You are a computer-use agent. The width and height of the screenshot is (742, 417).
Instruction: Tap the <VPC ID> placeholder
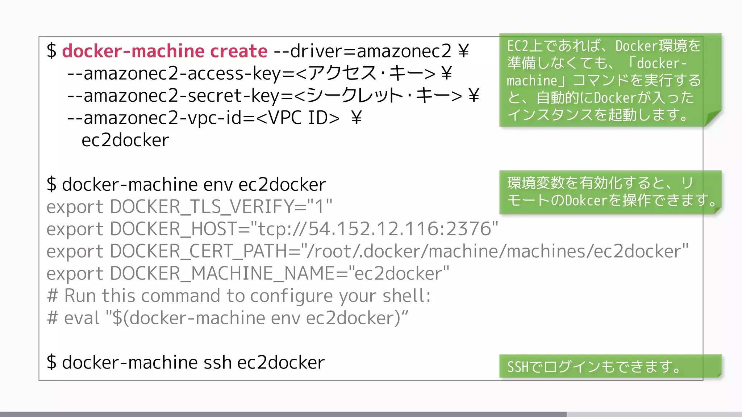pos(298,118)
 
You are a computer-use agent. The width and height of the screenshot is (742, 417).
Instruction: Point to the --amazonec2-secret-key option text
pos(174,96)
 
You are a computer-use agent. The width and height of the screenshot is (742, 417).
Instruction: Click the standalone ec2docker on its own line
pos(125,140)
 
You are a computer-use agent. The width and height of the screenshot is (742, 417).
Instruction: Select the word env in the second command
pos(218,185)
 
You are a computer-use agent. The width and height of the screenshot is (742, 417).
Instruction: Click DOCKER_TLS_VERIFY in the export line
pos(201,207)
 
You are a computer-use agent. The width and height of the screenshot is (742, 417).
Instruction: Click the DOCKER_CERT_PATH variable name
pos(198,252)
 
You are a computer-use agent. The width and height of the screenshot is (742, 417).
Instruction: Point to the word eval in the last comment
pos(82,319)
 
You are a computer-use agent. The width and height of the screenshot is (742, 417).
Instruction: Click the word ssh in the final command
pos(217,363)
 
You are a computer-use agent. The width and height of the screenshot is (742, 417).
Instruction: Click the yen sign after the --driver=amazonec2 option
pos(463,51)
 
